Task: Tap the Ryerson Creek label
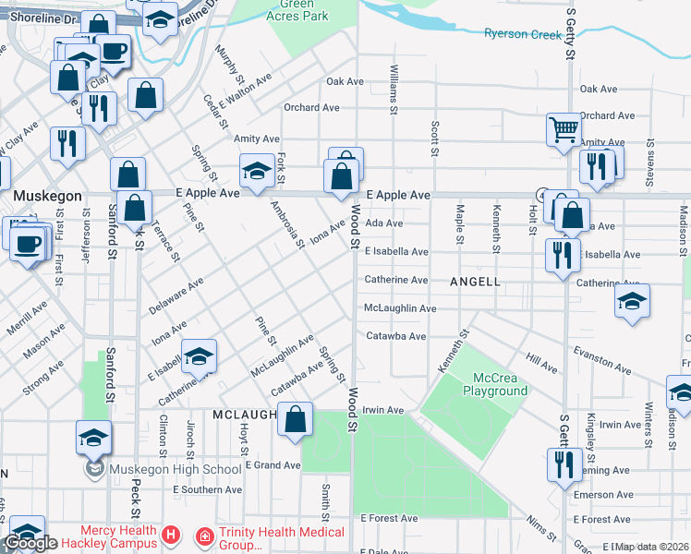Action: click(523, 34)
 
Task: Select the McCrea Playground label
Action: click(501, 384)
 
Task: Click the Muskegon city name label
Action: click(48, 196)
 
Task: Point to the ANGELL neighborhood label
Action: click(475, 281)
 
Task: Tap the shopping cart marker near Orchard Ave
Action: click(564, 129)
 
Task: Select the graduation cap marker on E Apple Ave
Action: click(258, 170)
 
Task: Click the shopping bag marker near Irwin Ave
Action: click(295, 420)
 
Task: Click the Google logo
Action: click(30, 543)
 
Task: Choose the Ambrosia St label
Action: click(286, 224)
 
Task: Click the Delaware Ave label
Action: click(176, 298)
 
